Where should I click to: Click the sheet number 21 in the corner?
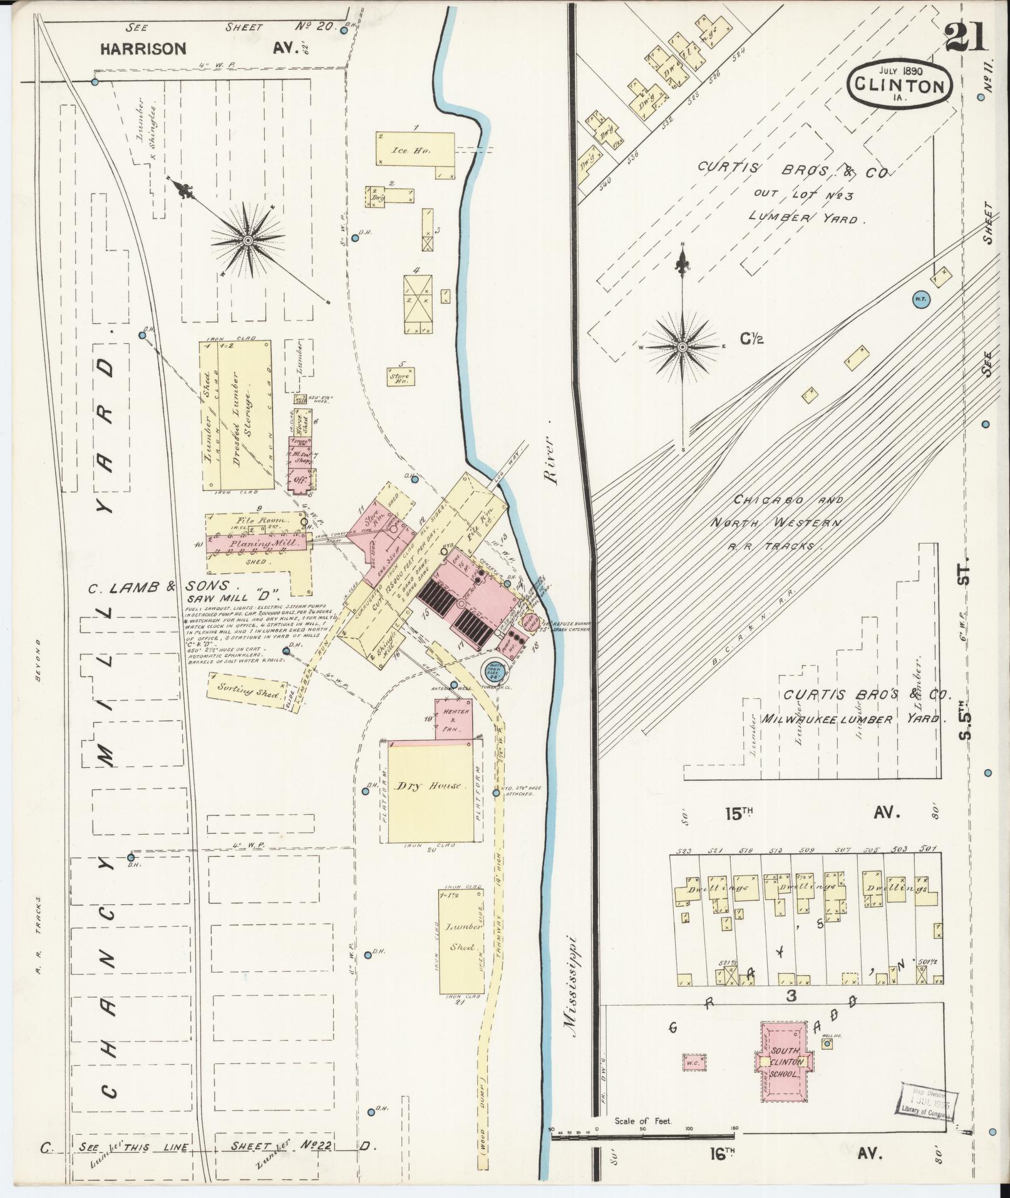(x=966, y=37)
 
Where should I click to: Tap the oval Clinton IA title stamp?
(x=900, y=83)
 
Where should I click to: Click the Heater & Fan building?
(x=455, y=720)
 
